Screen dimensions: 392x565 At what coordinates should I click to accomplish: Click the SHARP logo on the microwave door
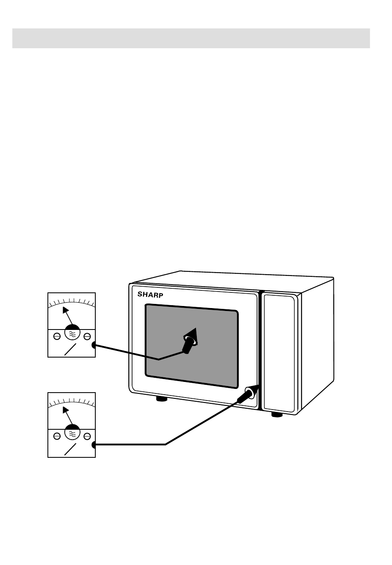150,294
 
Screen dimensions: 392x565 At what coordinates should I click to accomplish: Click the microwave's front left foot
161,399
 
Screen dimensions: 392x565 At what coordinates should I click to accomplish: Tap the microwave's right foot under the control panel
276,414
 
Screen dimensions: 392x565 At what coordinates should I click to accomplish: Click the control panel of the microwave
279,353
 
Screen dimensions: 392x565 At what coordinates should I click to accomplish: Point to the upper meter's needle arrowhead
65,310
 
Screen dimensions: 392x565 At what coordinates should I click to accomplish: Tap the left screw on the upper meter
57,336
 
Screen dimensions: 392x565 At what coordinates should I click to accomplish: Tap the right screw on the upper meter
87,336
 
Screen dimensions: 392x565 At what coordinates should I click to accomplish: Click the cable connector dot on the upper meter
94,345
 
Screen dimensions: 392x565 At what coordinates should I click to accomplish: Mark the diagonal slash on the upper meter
70,349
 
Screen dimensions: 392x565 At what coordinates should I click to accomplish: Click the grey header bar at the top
191,38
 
